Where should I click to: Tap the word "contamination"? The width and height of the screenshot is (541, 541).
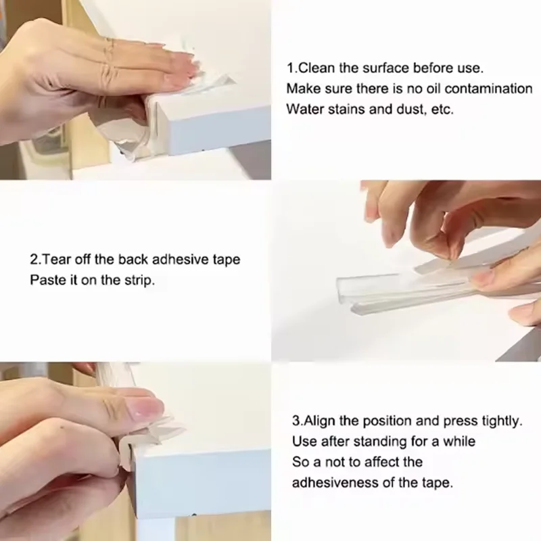click(488, 89)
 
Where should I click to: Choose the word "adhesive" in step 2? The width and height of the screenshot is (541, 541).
click(181, 259)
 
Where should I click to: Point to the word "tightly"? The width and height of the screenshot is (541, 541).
click(503, 421)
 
